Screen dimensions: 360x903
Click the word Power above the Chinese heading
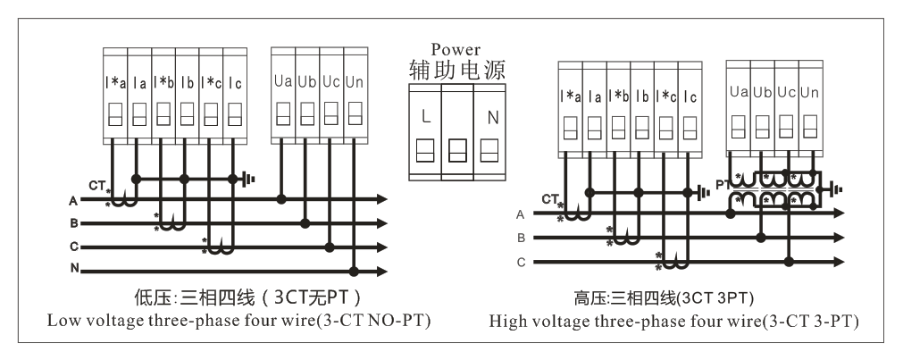coord(456,50)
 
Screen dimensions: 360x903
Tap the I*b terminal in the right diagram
coord(617,113)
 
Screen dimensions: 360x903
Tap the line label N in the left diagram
coord(73,268)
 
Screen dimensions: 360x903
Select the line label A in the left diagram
coord(73,200)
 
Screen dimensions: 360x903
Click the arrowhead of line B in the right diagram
coord(839,239)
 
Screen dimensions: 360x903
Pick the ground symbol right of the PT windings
coord(835,188)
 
